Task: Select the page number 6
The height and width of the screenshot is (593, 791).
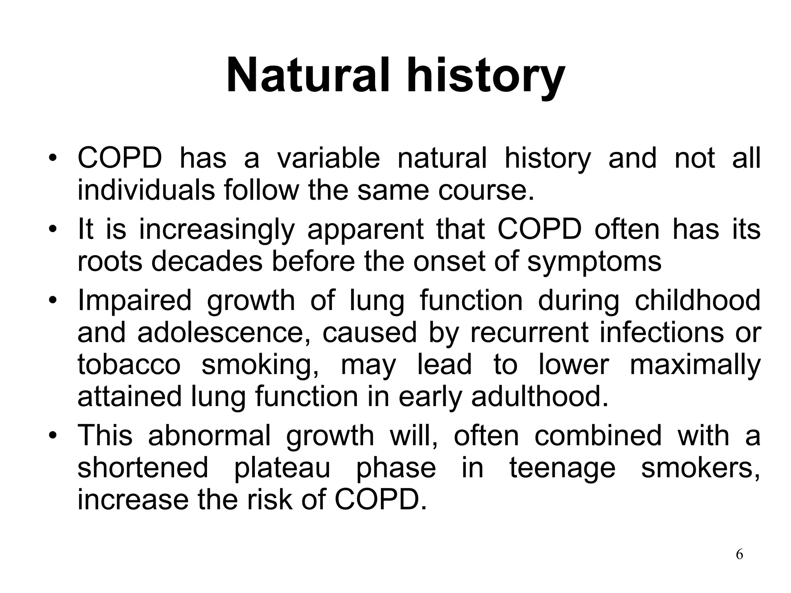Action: coord(739,554)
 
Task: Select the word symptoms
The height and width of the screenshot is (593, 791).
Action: coord(594,261)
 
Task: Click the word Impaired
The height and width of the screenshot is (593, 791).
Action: coord(134,300)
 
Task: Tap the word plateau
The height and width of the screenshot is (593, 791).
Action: coord(282,468)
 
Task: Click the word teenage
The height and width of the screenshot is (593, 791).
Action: coord(562,468)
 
